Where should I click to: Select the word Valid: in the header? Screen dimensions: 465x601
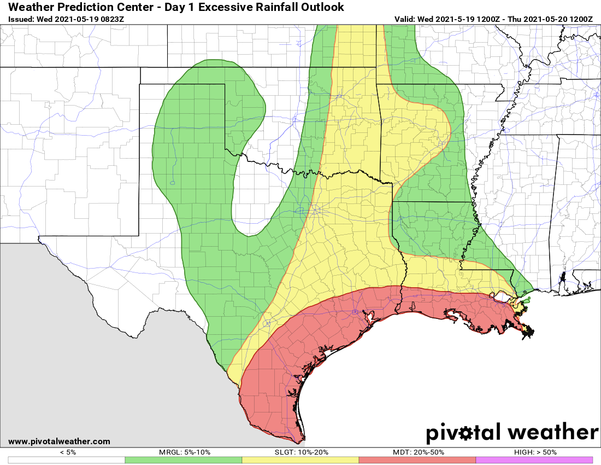point(405,19)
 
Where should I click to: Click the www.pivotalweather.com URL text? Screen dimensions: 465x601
point(59,441)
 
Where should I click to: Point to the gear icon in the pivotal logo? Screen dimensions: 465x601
point(466,434)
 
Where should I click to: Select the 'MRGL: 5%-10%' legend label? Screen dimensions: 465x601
point(184,452)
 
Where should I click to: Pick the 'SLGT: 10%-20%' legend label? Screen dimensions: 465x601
point(301,452)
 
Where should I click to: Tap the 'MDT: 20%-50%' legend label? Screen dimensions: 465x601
point(418,452)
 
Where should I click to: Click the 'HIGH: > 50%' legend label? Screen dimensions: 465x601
point(535,452)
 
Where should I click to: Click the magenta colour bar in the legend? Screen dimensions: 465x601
point(534,460)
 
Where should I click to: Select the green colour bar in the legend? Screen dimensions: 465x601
point(184,460)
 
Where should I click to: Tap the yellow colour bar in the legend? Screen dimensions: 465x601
point(300,460)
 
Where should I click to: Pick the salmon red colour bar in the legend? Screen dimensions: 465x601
point(417,460)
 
